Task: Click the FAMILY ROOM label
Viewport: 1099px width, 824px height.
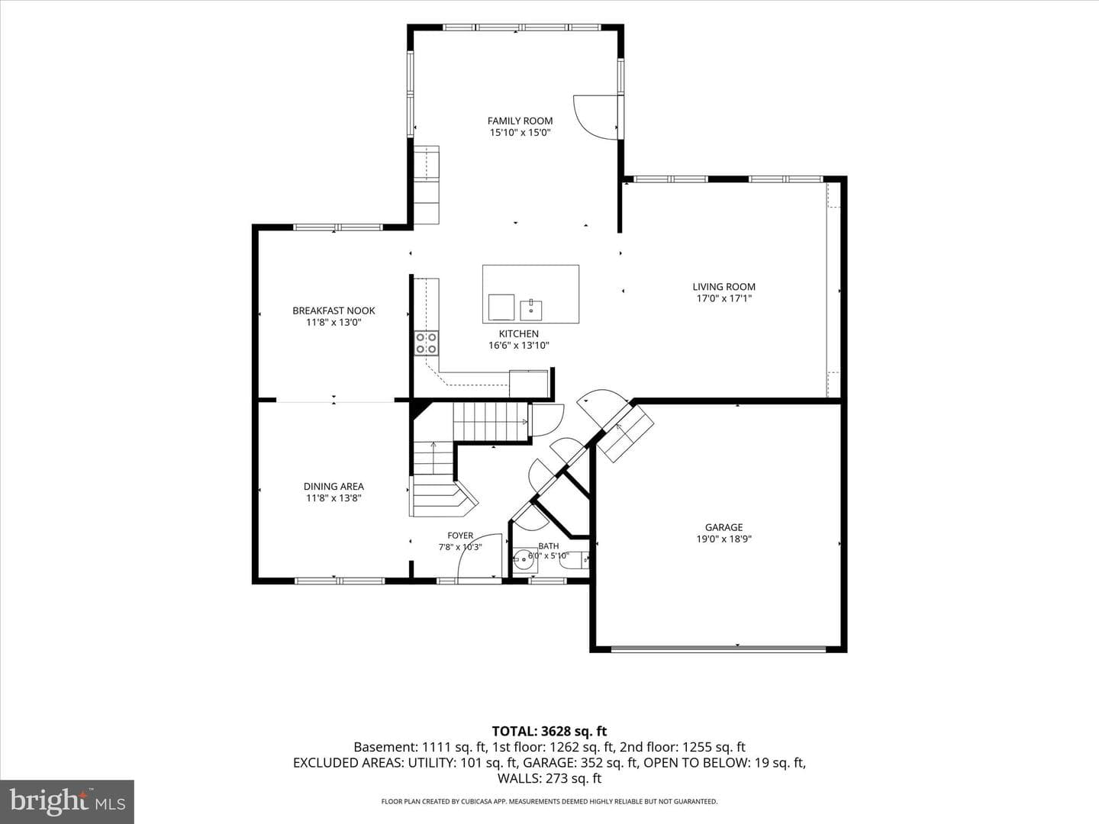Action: click(x=520, y=121)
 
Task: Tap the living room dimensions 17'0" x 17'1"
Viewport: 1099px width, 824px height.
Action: click(x=724, y=298)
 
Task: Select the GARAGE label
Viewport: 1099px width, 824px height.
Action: click(x=724, y=526)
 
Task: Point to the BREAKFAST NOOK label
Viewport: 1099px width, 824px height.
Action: click(x=334, y=311)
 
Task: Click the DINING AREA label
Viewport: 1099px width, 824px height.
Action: click(x=334, y=486)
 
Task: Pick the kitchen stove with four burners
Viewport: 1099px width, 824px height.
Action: click(x=426, y=343)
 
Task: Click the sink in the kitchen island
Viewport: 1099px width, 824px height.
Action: click(x=530, y=310)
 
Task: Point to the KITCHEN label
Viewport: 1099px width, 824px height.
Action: click(x=519, y=333)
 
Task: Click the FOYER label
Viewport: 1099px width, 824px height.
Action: click(x=460, y=536)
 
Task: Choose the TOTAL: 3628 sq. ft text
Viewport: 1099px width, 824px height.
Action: click(x=549, y=732)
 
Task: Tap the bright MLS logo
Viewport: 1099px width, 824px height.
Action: click(x=67, y=802)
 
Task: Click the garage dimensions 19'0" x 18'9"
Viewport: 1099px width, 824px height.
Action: click(x=724, y=539)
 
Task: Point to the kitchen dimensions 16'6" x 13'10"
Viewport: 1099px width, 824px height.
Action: click(x=519, y=345)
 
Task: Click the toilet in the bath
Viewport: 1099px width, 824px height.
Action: click(x=574, y=561)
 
